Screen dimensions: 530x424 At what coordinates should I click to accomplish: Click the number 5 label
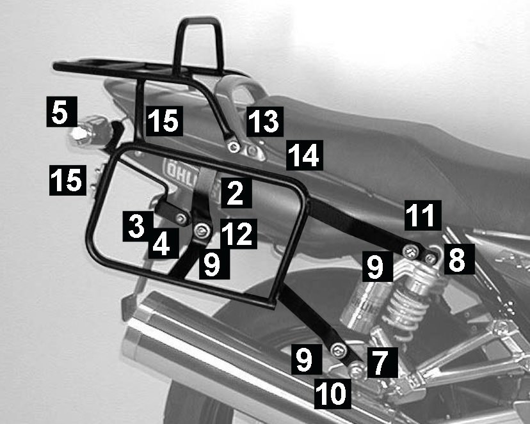(62, 112)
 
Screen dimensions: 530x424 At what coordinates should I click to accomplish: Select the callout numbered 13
(265, 122)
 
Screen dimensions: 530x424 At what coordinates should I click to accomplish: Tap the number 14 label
(305, 155)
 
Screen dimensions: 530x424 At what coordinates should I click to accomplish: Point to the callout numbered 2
(236, 192)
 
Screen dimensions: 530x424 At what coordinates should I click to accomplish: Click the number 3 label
(138, 226)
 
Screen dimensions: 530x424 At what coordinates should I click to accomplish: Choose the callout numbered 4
(164, 243)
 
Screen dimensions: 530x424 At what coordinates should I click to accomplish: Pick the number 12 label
(239, 234)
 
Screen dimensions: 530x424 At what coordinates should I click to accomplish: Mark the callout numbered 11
(423, 216)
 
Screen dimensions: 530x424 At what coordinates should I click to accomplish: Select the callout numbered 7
(382, 362)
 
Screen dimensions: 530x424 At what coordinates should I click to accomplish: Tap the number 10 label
(333, 393)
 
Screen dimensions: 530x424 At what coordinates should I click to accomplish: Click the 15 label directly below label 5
(68, 180)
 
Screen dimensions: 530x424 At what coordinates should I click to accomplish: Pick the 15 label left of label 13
(165, 122)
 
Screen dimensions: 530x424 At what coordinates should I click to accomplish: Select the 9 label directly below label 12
(214, 264)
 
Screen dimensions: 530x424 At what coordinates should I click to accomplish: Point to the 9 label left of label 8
(377, 266)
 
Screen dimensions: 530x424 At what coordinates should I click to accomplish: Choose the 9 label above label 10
(307, 359)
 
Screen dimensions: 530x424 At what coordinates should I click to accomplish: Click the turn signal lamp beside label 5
(88, 132)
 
